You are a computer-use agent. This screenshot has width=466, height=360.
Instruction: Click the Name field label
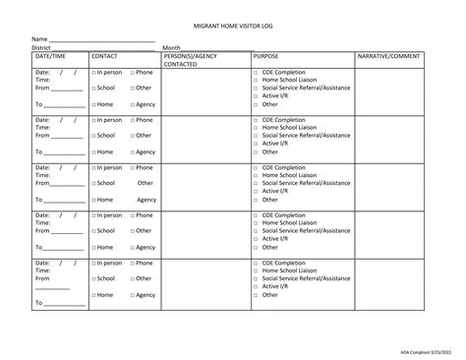tap(40, 39)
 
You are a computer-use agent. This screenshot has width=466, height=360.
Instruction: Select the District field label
tap(41, 47)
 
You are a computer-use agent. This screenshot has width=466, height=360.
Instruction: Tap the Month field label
tap(171, 47)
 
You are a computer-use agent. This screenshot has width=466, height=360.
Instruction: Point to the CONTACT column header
tap(104, 57)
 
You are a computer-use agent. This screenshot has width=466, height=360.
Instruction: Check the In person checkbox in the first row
tap(93, 73)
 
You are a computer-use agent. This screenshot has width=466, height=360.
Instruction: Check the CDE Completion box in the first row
tap(256, 73)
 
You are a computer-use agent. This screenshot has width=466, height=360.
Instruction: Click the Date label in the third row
tap(43, 167)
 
